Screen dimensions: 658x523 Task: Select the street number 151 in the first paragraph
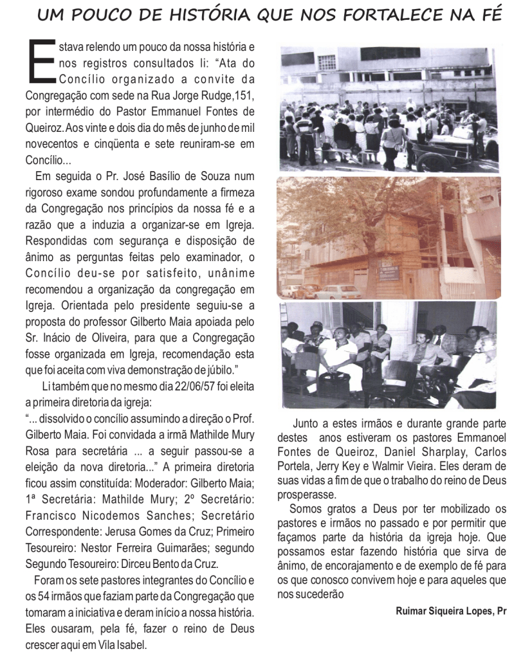(246, 96)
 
